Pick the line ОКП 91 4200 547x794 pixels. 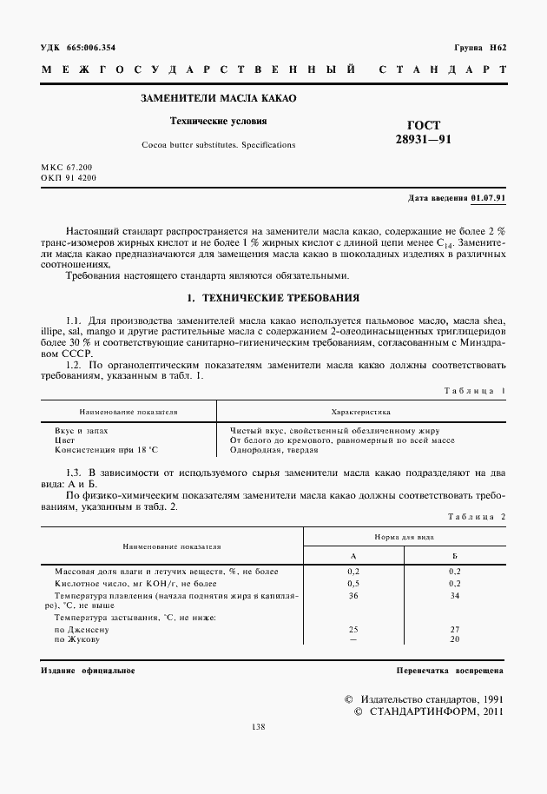pos(69,177)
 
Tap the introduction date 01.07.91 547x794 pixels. pos(489,198)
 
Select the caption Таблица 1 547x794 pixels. pos(475,390)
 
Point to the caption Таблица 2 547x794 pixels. pos(475,517)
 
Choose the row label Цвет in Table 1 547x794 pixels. pos(65,440)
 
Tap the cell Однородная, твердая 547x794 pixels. pos(274,451)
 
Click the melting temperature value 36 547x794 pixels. pos(353,597)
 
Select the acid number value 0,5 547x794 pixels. pos(353,584)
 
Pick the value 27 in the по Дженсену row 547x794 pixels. pos(454,628)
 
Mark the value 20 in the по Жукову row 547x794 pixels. pos(454,639)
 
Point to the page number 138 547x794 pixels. pos(258,727)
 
